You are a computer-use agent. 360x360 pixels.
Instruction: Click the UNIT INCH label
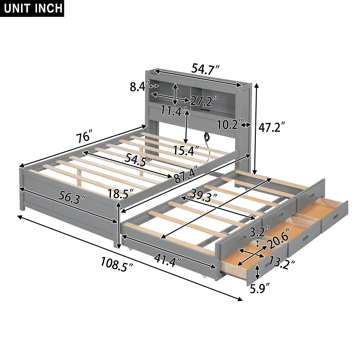tap(33, 8)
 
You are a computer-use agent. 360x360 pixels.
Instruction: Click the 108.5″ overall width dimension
tap(116, 264)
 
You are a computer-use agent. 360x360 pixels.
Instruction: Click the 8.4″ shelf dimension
tap(139, 87)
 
